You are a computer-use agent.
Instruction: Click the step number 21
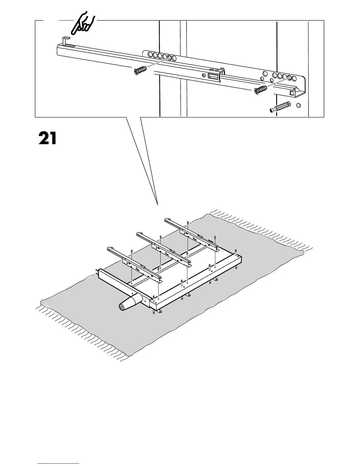click(47, 138)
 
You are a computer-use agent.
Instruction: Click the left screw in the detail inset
click(140, 71)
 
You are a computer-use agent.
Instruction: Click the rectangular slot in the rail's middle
click(214, 76)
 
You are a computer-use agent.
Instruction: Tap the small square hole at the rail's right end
click(292, 93)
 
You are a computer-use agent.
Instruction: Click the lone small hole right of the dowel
click(299, 105)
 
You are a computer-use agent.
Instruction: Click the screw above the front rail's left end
click(131, 251)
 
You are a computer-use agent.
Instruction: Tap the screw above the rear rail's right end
click(215, 237)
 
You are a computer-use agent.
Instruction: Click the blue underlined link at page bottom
click(58, 464)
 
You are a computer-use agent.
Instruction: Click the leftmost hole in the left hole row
click(150, 55)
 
